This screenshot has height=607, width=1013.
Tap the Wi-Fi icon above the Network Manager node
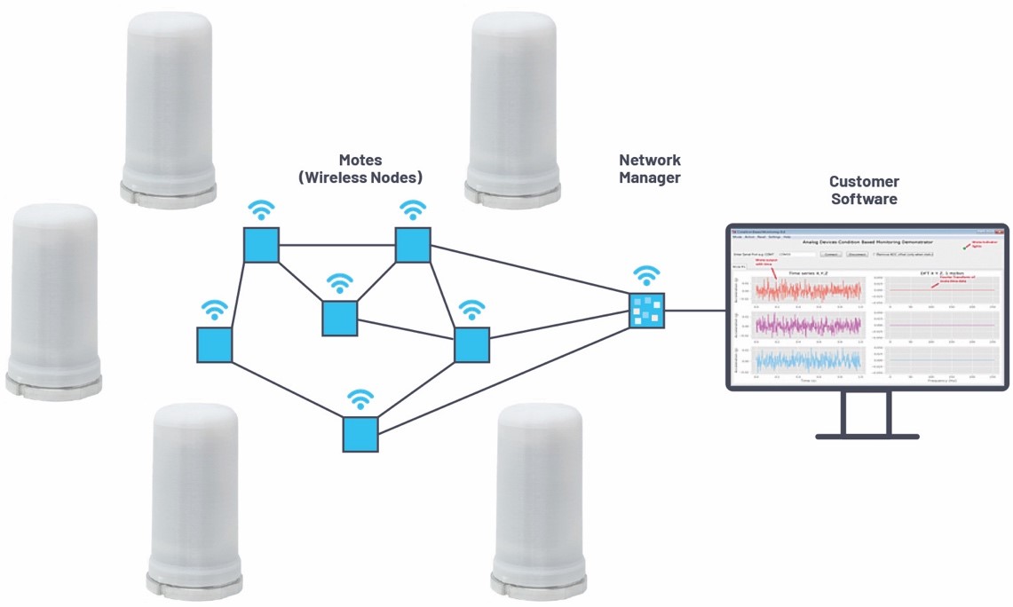(x=647, y=275)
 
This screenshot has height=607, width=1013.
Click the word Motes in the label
(x=360, y=161)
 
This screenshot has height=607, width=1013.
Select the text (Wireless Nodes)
(x=360, y=177)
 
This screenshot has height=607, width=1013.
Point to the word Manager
(x=650, y=177)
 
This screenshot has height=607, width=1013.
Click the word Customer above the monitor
(x=865, y=181)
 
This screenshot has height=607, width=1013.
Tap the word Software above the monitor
(x=865, y=199)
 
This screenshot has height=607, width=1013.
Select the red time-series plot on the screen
(x=808, y=291)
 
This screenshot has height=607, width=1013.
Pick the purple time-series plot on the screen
(x=808, y=326)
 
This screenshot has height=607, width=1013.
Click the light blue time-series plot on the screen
(x=808, y=359)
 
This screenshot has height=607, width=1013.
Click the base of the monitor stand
(x=867, y=436)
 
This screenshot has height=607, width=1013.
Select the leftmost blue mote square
(x=214, y=344)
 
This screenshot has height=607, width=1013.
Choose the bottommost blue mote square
(x=360, y=435)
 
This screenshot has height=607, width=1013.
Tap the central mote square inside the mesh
(x=339, y=319)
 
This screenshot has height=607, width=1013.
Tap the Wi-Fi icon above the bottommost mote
(x=360, y=398)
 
